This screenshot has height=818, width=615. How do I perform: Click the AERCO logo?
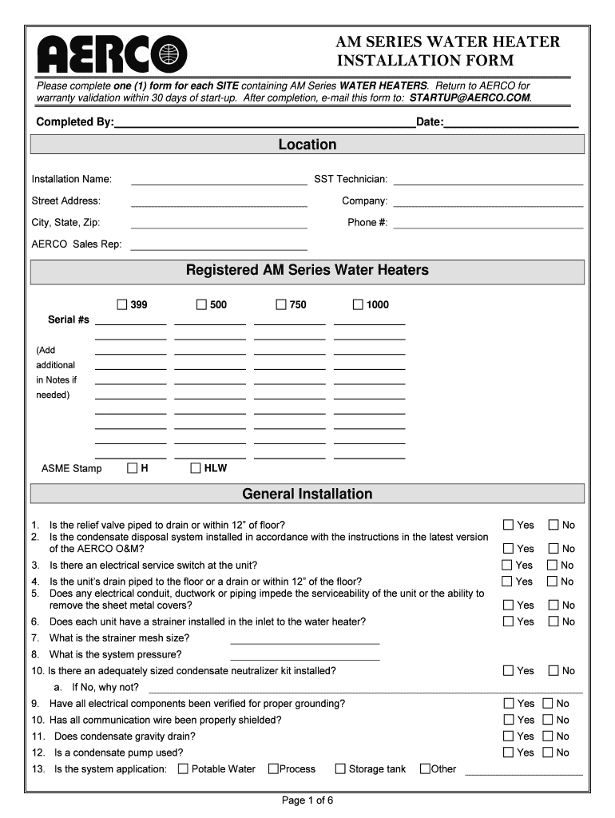tap(112, 54)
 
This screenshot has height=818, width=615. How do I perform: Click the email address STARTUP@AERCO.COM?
tap(470, 97)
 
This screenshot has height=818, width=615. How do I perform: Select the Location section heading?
tap(307, 145)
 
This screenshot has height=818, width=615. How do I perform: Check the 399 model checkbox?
tap(122, 304)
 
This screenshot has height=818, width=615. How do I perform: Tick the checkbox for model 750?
tap(281, 304)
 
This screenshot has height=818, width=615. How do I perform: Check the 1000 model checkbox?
tap(358, 304)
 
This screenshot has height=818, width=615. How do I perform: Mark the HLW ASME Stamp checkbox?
tap(196, 468)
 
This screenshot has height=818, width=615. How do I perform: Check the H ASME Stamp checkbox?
tap(133, 468)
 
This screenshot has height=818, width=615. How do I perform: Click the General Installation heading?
tap(307, 494)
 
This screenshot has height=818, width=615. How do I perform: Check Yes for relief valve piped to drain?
tap(509, 525)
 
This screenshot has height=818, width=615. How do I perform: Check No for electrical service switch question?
tap(553, 565)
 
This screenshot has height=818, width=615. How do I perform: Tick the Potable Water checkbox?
tap(183, 769)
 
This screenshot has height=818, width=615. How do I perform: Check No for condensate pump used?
tap(548, 752)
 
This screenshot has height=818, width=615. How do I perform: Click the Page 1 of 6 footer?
tap(307, 801)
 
